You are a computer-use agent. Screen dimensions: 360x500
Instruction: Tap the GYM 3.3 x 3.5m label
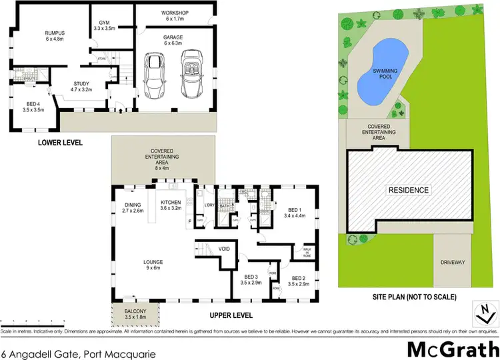pos(103,25)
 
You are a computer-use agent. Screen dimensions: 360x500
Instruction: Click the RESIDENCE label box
pos(409,190)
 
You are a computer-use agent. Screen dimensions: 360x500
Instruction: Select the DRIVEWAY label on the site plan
pos(452,263)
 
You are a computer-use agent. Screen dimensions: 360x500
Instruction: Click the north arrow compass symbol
pos(485,311)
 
